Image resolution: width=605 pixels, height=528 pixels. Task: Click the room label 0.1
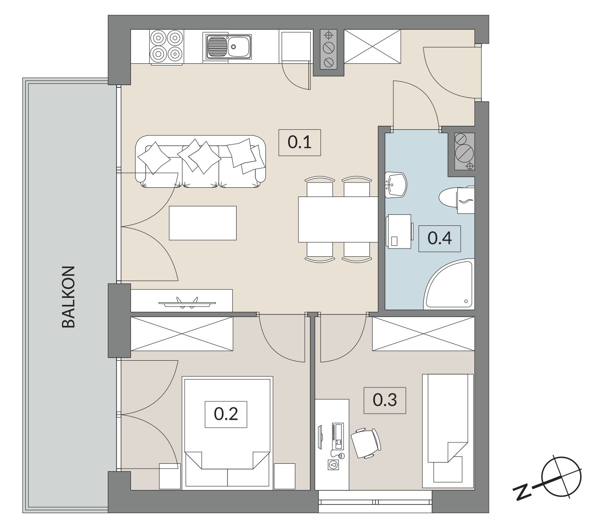299,142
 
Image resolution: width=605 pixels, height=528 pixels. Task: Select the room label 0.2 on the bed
226,414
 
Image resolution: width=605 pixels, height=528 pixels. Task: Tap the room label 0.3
385,400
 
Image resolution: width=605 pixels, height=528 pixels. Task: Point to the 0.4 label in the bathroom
440,238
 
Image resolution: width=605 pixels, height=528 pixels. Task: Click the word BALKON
69,297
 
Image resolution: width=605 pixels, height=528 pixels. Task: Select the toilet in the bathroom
457,199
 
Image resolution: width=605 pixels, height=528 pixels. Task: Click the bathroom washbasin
395,185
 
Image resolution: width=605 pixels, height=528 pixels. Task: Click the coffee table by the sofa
203,223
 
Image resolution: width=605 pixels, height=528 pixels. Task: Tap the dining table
338,220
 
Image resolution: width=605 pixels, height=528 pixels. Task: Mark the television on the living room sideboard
187,303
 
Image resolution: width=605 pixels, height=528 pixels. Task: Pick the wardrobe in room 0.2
182,334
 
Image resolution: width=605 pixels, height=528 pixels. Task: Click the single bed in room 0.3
448,432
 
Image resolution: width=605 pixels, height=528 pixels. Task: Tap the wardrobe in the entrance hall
373,46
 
